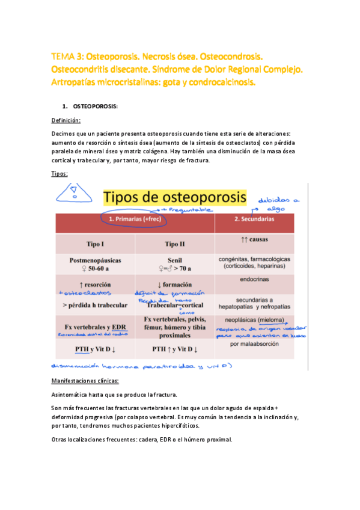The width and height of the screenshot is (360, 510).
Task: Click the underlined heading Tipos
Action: (59, 173)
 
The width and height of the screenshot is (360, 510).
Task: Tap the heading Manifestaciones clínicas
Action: (85, 381)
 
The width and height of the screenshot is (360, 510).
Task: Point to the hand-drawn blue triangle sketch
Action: (75, 195)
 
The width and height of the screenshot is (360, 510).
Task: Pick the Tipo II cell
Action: (174, 244)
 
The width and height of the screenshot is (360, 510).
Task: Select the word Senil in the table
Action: (174, 260)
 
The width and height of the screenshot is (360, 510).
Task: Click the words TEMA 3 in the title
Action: (67, 57)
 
